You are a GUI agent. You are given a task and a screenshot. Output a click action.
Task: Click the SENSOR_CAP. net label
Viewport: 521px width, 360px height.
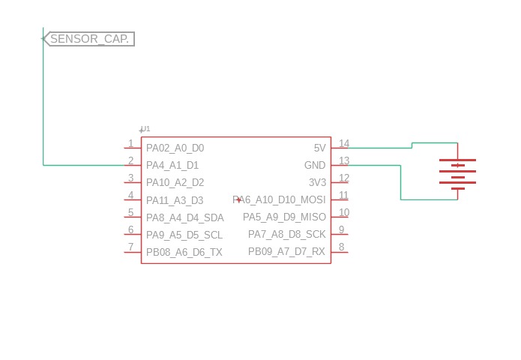(90, 39)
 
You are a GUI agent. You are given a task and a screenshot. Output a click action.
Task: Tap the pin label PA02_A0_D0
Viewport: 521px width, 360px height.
(175, 148)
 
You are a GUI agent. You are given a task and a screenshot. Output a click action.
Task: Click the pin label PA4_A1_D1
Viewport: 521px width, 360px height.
(172, 165)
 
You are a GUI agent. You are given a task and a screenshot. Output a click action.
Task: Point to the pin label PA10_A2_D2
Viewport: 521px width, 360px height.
(175, 182)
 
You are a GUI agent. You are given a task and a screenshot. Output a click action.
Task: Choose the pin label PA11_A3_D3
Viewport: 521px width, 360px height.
(175, 200)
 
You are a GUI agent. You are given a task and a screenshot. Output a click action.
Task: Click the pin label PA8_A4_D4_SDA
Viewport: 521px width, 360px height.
(184, 217)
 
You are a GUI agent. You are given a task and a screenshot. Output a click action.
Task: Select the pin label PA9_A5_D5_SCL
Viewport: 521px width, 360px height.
(184, 235)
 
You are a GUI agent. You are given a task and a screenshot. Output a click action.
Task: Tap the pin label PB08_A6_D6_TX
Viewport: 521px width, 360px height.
(184, 252)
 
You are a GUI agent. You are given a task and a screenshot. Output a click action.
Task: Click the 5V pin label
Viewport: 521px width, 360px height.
(319, 148)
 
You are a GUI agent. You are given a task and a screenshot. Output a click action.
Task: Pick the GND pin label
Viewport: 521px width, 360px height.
(315, 165)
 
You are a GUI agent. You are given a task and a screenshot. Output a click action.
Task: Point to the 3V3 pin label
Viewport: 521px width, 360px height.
(318, 182)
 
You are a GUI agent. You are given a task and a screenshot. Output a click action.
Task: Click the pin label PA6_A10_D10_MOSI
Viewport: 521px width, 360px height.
(280, 200)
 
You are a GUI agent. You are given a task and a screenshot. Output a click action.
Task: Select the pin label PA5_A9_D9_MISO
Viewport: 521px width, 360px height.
(284, 217)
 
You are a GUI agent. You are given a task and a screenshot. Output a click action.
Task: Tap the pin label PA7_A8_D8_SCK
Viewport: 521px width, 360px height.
(287, 235)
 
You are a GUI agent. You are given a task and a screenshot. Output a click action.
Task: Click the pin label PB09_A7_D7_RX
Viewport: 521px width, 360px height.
(287, 252)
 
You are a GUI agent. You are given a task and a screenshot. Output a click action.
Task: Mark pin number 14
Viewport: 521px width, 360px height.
(344, 143)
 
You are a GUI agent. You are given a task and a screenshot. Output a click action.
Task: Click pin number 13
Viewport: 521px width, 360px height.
(344, 160)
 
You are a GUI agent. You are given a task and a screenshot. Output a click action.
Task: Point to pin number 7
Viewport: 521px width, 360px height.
(130, 247)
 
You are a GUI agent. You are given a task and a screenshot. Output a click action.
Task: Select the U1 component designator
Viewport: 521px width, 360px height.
(145, 129)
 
